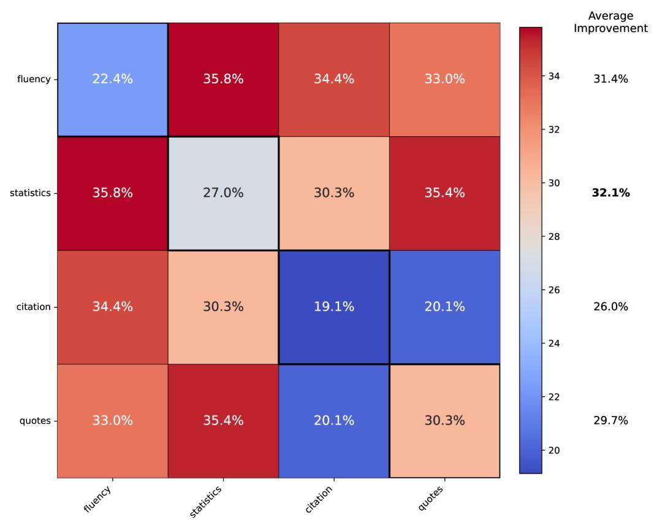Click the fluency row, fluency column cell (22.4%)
pos(113,79)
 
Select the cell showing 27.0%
pos(223,193)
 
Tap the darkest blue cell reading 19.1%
pos(333,307)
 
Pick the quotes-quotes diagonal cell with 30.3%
pos(444,421)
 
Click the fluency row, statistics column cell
pos(223,79)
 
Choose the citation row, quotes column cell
pos(444,307)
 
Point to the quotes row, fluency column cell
pos(113,421)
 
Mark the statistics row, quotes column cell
pos(444,193)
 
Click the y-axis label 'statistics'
pos(30,193)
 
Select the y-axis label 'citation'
pos(34,307)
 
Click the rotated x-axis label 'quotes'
pos(431,497)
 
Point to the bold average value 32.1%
pos(611,193)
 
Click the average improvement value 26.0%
pos(611,307)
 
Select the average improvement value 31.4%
pos(611,79)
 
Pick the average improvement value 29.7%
pos(611,421)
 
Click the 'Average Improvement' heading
pos(611,22)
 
